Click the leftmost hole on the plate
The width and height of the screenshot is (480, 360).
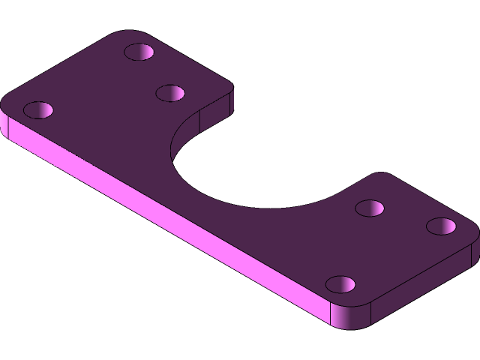(38, 110)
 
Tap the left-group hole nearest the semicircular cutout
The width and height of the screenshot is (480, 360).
(171, 93)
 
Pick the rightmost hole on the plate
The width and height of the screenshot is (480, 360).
(442, 226)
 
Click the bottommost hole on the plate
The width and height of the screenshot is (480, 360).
(340, 285)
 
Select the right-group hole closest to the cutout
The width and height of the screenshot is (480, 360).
(370, 208)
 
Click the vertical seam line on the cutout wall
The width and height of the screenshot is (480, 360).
(201, 120)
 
